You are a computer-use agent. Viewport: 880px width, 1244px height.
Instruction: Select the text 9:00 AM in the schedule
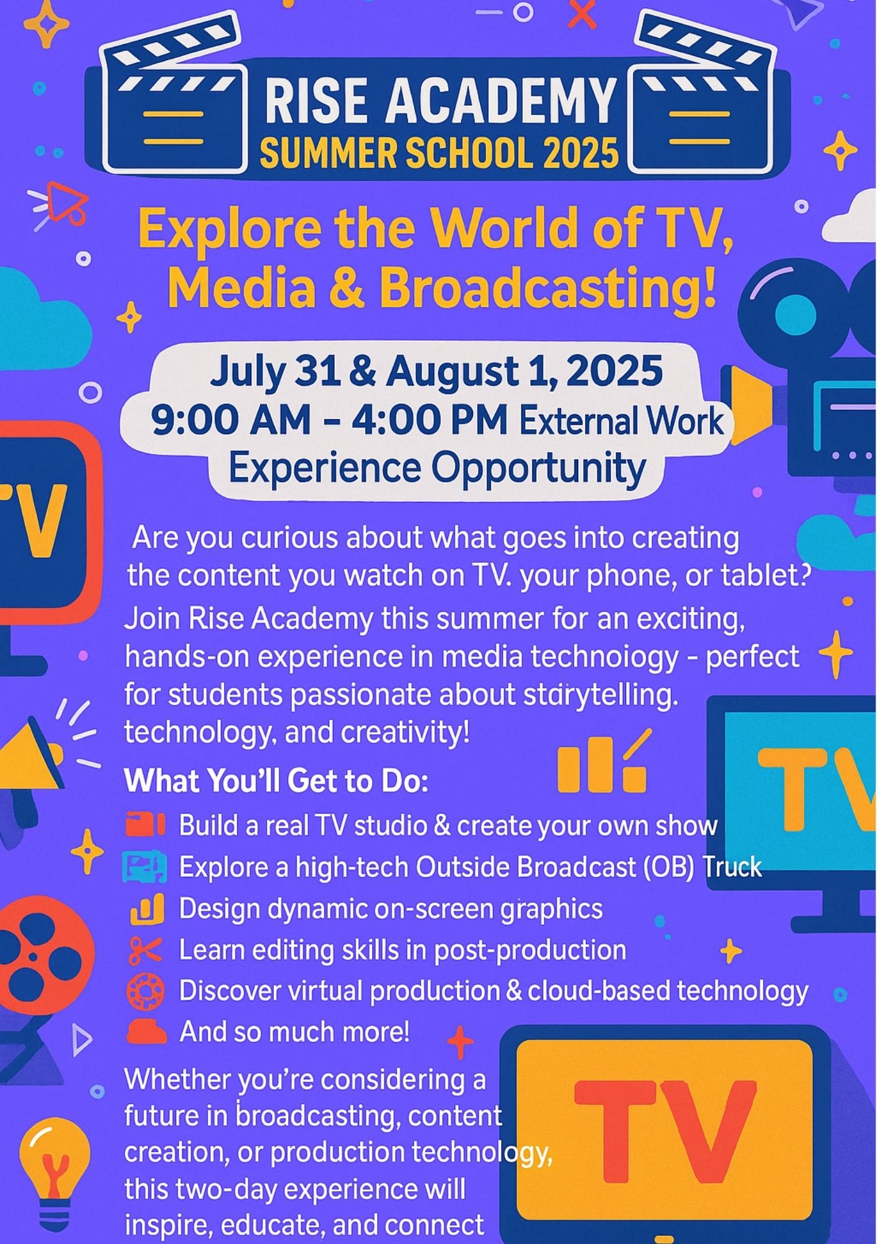[231, 420]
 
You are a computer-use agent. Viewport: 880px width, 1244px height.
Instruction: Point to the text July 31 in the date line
[275, 372]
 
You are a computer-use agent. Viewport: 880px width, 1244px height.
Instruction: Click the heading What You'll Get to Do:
[276, 781]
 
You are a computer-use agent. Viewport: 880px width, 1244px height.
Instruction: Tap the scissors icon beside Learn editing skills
[145, 950]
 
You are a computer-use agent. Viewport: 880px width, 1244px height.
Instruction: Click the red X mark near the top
[582, 14]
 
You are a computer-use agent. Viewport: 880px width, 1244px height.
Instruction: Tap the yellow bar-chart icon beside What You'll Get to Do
[602, 762]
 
